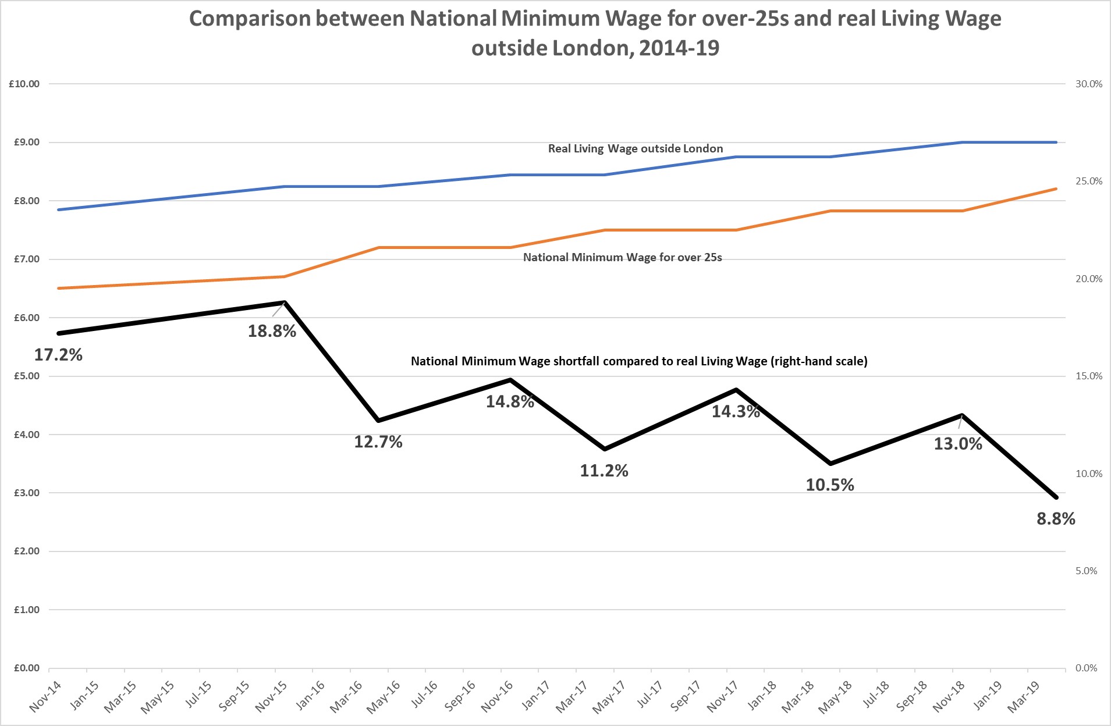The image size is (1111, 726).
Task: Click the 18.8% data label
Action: click(272, 331)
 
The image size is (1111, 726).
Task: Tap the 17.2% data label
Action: click(58, 354)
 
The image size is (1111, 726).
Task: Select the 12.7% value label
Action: click(378, 442)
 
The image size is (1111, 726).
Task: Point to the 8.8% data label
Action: click(1056, 518)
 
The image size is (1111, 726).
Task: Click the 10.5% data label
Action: click(830, 485)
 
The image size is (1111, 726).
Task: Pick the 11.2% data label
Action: click(604, 470)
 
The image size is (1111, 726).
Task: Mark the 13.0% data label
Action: click(958, 444)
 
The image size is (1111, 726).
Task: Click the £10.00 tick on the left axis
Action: click(24, 84)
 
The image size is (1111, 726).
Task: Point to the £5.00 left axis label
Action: click(27, 376)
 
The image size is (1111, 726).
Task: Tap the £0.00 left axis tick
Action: click(27, 668)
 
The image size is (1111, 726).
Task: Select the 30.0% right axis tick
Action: click(1088, 84)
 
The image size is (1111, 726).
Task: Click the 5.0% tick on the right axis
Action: click(1086, 571)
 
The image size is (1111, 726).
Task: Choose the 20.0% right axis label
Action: click(1088, 279)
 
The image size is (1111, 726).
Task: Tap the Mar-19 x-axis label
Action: click(1023, 697)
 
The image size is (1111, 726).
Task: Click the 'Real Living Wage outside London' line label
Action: click(636, 148)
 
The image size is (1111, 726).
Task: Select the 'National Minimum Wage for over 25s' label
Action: click(622, 257)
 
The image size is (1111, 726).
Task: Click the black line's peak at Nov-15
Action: click(284, 302)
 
